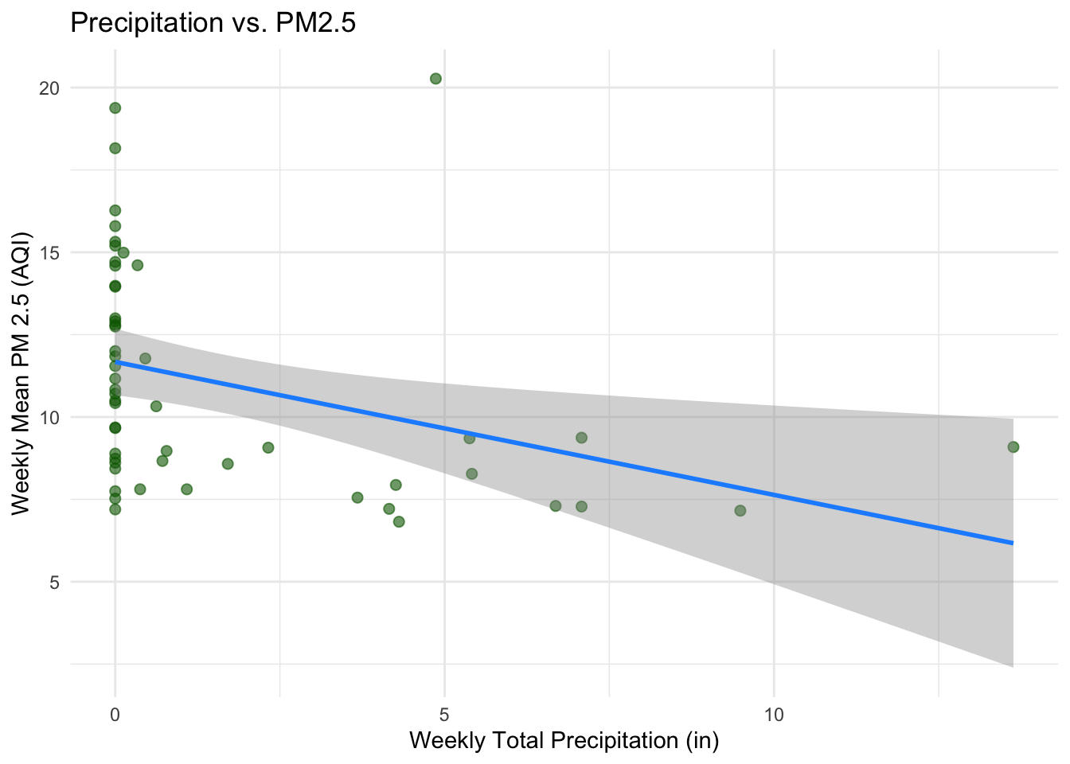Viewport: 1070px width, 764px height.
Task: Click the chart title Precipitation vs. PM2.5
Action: click(x=213, y=23)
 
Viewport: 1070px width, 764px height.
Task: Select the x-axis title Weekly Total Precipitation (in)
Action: click(x=564, y=740)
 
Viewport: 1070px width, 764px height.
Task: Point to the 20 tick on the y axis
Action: click(x=50, y=88)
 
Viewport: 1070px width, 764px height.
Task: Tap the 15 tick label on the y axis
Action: click(x=50, y=253)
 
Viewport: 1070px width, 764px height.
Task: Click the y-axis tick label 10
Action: click(x=50, y=417)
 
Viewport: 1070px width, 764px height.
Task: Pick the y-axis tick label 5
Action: click(x=54, y=582)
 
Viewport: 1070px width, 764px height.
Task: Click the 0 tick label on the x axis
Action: click(x=115, y=715)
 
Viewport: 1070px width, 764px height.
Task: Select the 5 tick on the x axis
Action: click(x=444, y=715)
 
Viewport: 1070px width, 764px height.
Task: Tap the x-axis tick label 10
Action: click(x=774, y=715)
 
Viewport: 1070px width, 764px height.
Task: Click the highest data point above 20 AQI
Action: click(x=435, y=79)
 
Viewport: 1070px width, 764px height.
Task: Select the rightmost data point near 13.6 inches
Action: click(x=1013, y=447)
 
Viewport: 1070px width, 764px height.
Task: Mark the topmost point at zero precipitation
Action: click(x=115, y=108)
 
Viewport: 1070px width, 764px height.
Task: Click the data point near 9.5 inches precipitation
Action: click(x=740, y=511)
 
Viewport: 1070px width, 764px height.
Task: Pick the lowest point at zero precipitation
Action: click(x=115, y=509)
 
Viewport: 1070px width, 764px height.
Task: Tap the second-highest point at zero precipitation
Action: click(x=115, y=148)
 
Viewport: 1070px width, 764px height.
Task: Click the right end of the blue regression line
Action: click(x=1012, y=543)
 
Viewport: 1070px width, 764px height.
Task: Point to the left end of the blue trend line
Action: click(x=116, y=362)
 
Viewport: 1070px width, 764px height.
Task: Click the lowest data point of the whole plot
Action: click(x=399, y=522)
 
